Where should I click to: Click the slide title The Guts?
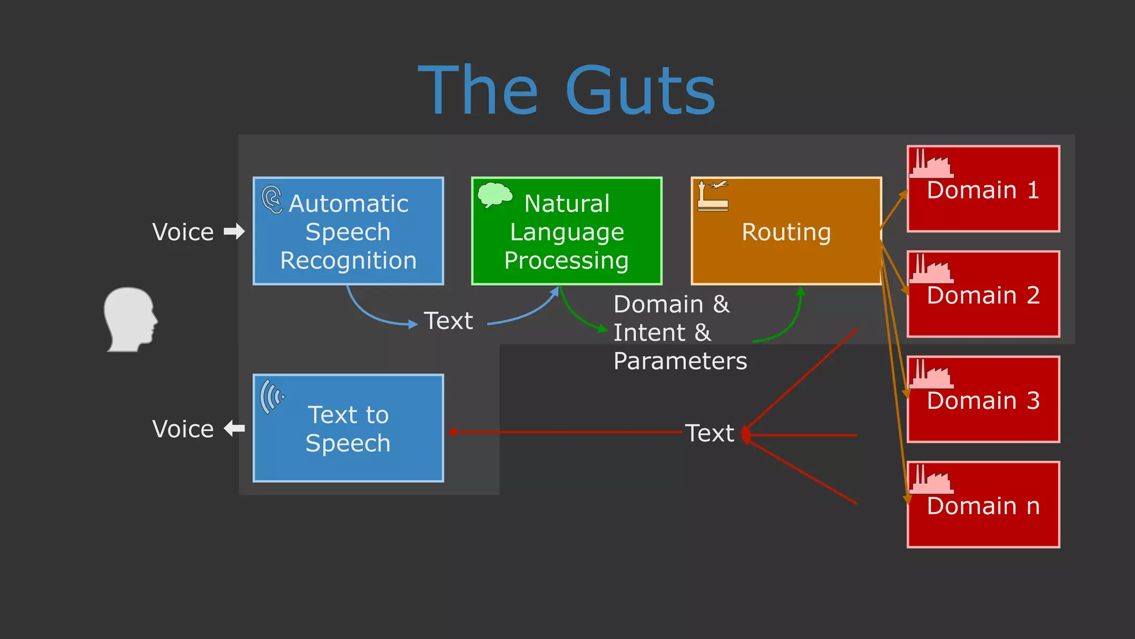click(566, 90)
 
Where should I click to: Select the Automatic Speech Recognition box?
click(348, 231)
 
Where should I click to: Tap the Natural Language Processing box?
click(566, 231)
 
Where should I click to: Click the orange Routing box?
click(786, 231)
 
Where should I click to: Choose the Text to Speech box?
click(348, 428)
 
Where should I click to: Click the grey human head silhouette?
click(130, 319)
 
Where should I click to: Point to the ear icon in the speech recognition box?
click(272, 200)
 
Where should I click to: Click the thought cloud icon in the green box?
click(494, 195)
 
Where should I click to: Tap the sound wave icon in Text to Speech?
click(272, 396)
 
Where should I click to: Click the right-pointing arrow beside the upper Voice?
click(234, 231)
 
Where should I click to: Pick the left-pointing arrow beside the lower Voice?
click(234, 428)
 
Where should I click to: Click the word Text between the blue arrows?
click(448, 321)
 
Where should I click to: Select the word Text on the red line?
click(709, 433)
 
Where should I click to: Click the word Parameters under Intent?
click(680, 361)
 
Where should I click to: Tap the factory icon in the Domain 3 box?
click(931, 374)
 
